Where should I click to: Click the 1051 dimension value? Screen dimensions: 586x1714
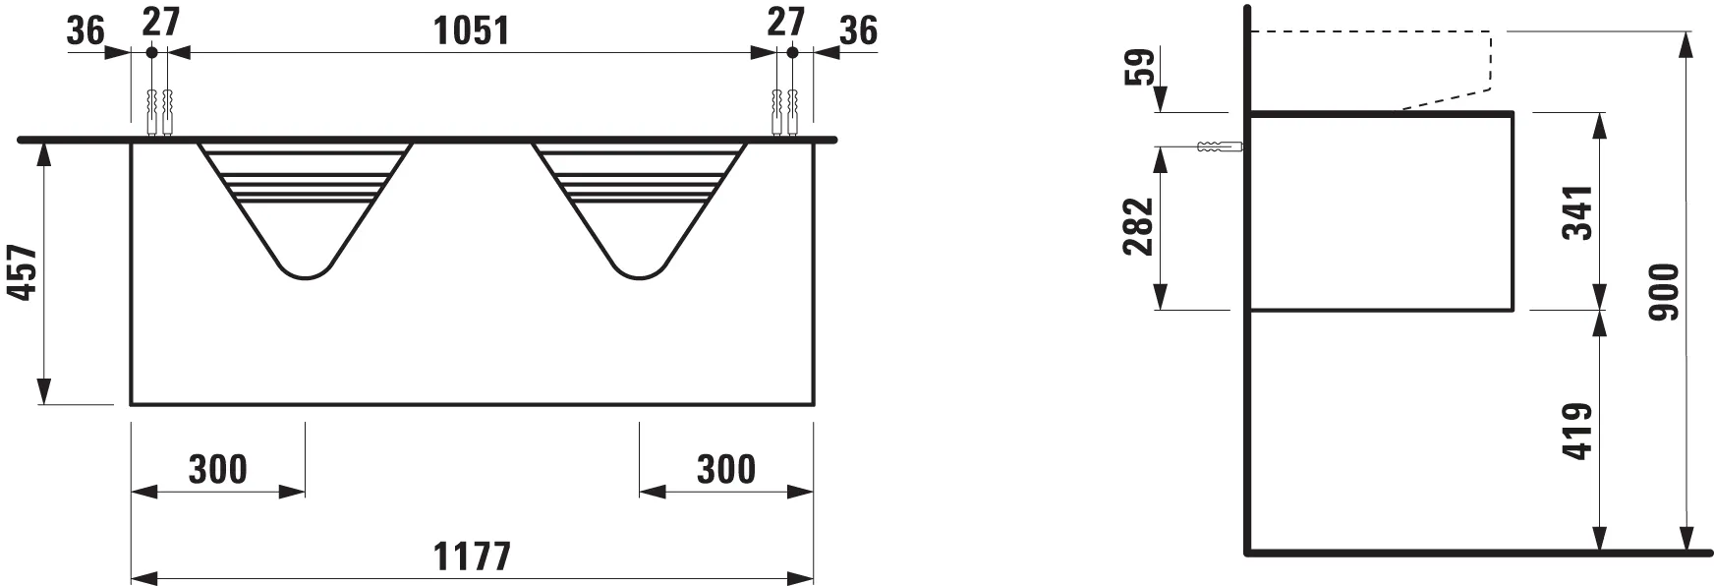tap(472, 30)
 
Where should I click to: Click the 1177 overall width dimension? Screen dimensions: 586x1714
tap(473, 557)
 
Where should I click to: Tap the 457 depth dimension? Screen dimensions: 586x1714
tap(23, 273)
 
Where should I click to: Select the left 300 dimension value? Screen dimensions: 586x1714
tap(218, 470)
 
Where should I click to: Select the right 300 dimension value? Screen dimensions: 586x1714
tap(726, 470)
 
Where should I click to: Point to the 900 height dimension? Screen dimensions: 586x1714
tap(1664, 291)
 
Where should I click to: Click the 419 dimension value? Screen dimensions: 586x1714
tap(1575, 431)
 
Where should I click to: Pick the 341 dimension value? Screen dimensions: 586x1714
tap(1575, 212)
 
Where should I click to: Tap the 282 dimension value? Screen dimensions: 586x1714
tap(1137, 226)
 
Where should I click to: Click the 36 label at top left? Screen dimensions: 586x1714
tap(86, 30)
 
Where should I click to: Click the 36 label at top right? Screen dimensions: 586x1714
tap(858, 30)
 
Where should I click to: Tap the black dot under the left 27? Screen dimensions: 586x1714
tap(151, 53)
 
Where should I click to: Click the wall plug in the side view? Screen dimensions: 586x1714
tap(1220, 147)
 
